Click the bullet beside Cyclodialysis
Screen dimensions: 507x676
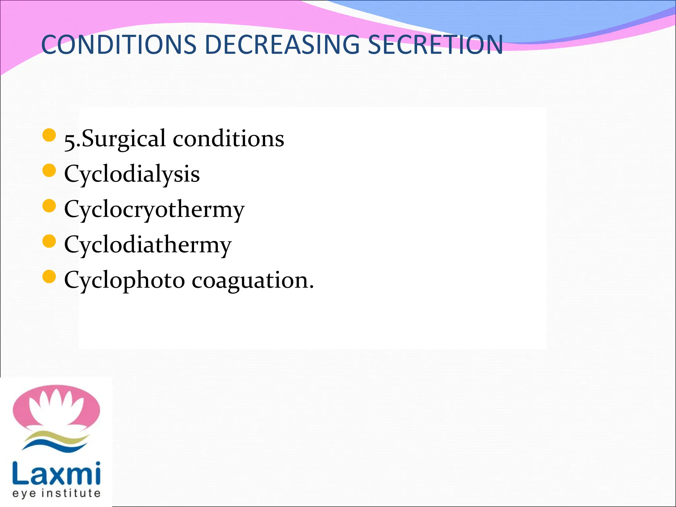[x=49, y=171]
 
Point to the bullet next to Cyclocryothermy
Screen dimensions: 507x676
[x=49, y=206]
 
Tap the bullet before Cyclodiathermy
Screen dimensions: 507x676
[x=49, y=241]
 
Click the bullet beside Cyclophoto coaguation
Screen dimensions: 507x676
[x=49, y=277]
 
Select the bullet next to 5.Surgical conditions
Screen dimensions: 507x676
[x=49, y=135]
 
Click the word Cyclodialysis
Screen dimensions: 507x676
[x=132, y=174]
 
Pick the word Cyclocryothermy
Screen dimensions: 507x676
[x=154, y=209]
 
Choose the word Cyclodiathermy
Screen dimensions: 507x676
[x=148, y=245]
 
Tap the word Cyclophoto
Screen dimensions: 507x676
[x=124, y=280]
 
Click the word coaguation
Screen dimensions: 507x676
[x=253, y=280]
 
